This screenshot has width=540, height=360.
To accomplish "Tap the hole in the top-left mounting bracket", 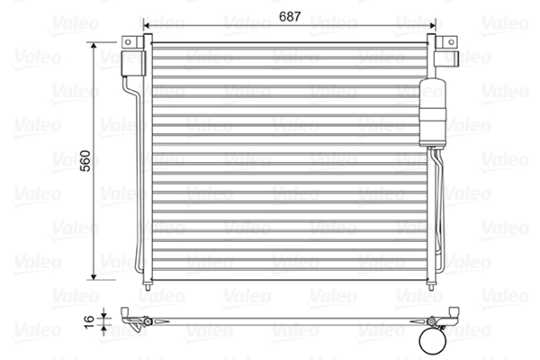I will (x=132, y=42).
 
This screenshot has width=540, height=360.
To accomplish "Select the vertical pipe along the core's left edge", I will (x=139, y=180).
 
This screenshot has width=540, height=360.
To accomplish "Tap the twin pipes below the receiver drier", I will (x=438, y=207).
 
